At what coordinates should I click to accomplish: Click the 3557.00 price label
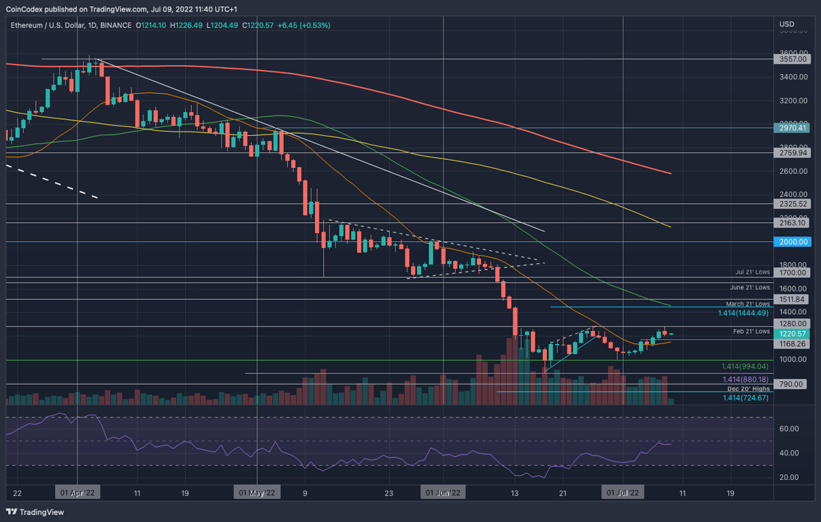point(792,59)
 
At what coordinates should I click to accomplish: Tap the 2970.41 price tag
point(792,127)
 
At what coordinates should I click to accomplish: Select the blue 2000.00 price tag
point(792,241)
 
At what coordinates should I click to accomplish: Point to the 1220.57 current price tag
point(792,334)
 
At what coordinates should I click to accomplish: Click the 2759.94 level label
point(792,153)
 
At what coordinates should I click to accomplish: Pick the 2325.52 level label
point(792,203)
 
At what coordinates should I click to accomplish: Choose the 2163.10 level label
point(792,222)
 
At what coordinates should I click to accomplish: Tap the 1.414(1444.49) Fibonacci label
point(743,313)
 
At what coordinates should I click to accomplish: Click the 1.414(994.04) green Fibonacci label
point(744,366)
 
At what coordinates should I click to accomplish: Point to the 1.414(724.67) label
point(745,398)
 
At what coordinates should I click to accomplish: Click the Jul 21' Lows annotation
point(752,272)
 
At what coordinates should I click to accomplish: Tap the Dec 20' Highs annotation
point(750,389)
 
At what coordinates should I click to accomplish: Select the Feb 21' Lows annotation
point(751,331)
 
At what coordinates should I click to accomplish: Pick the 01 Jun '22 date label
point(443,492)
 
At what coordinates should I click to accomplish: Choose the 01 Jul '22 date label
point(623,492)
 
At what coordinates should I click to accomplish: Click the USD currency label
point(787,25)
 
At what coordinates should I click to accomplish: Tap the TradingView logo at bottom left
point(35,512)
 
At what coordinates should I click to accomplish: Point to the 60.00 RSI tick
point(789,429)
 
